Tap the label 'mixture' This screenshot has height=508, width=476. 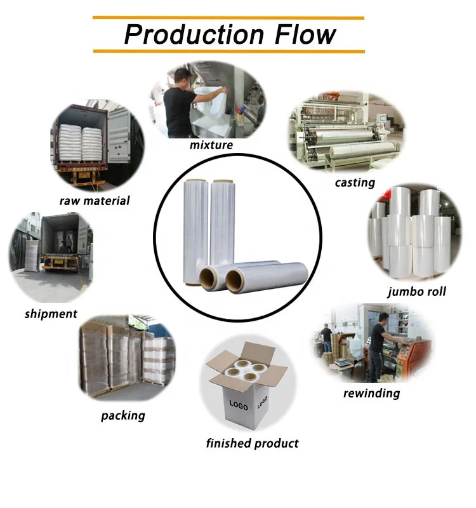(211, 145)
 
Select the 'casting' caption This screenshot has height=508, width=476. (355, 183)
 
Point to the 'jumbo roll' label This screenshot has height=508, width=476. (416, 291)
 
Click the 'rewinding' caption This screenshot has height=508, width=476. (371, 393)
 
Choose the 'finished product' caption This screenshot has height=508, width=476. (252, 443)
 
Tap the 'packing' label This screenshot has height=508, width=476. (122, 416)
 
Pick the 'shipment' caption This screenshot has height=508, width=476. (51, 314)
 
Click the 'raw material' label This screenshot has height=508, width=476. (95, 201)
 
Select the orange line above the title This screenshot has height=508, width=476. (228, 18)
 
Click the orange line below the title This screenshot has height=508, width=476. (228, 51)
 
